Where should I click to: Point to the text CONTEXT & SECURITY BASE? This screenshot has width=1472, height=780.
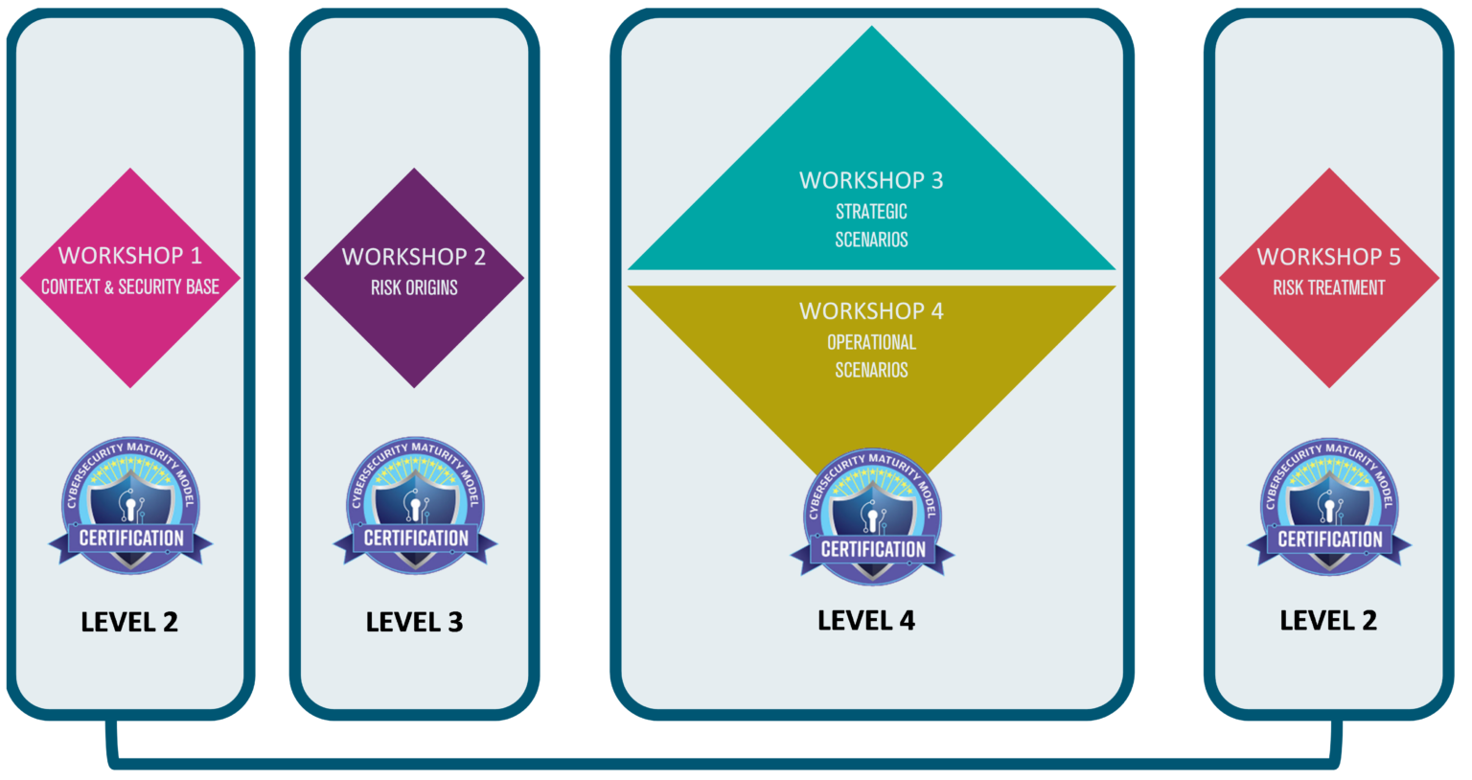coord(130,287)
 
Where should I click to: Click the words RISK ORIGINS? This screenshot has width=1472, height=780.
coord(414,287)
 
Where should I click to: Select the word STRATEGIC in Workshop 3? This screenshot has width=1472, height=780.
coord(871,212)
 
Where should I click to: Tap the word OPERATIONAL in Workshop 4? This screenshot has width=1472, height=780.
coord(871,342)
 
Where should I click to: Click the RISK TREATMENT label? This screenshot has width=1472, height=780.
coord(1329,287)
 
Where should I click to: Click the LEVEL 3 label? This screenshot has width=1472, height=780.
coord(414,622)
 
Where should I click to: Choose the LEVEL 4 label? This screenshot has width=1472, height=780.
coord(866,620)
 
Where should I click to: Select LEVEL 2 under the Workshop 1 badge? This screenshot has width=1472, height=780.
coord(129,622)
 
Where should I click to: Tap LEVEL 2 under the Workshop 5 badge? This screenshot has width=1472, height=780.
coord(1328,620)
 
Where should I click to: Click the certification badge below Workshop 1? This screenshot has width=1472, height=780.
coord(130,505)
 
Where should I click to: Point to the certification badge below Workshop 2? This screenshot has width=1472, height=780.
coord(415,505)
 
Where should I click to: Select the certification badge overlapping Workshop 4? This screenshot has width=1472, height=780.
coord(872,516)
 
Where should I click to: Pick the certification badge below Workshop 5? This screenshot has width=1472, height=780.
coord(1329,506)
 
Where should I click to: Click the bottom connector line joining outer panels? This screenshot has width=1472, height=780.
coord(723,765)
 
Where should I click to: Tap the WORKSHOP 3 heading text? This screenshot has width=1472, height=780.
coord(871,181)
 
